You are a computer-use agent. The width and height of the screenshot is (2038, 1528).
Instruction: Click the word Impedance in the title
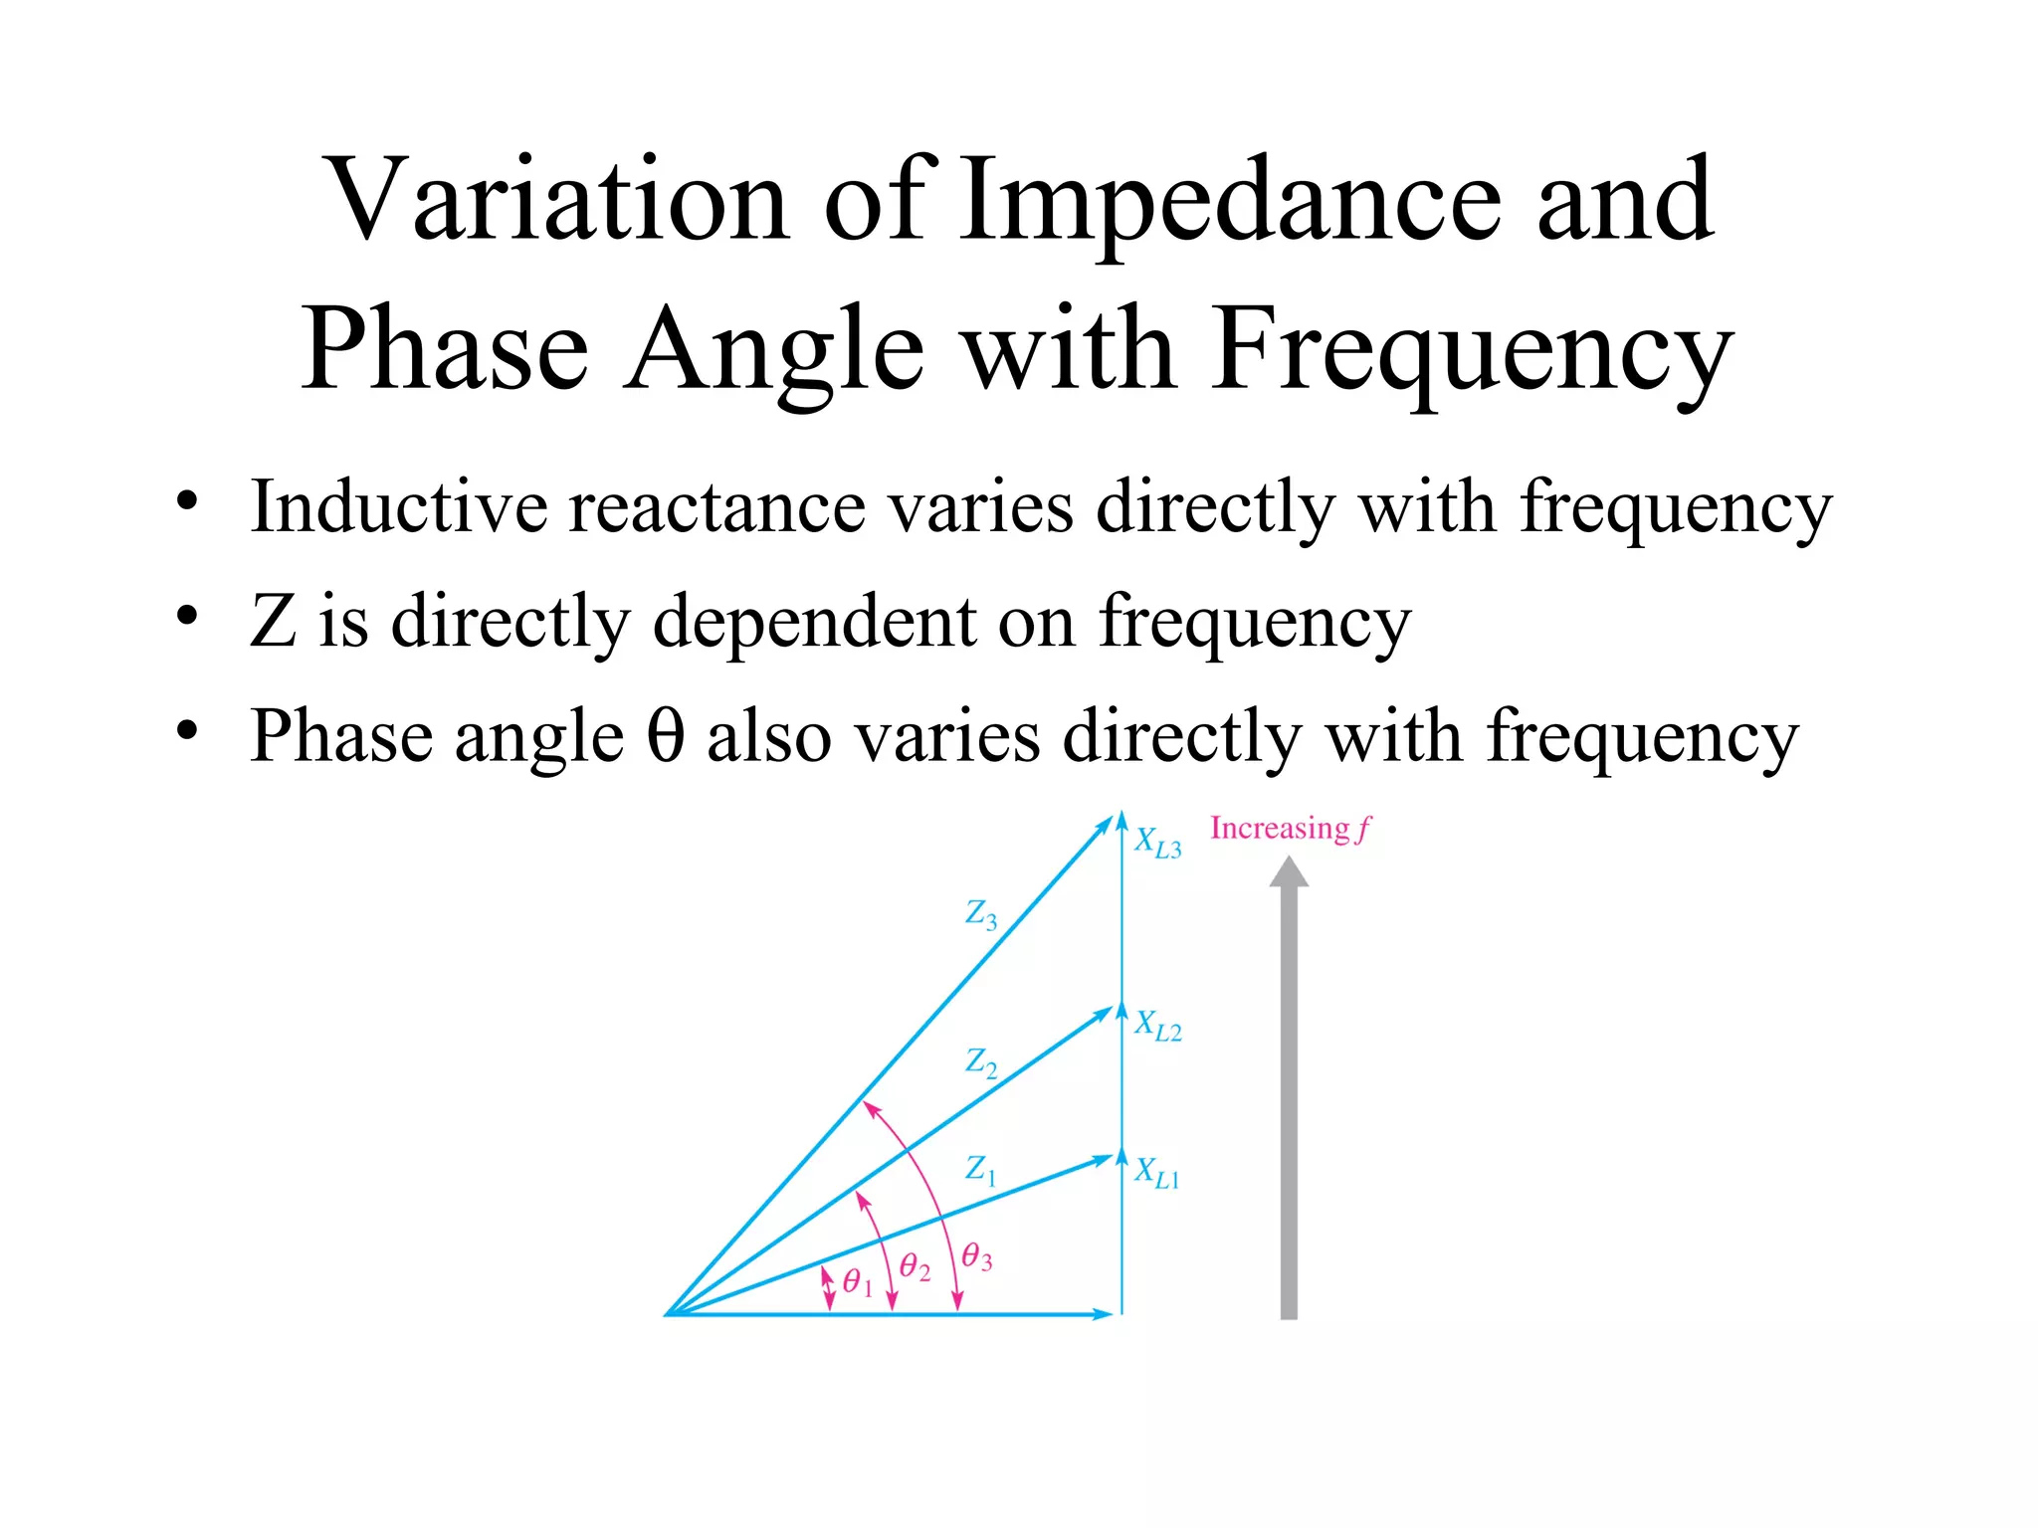(1230, 203)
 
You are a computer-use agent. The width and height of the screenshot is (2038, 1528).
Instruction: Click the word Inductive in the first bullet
(398, 506)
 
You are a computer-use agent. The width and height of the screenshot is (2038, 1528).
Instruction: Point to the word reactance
(717, 508)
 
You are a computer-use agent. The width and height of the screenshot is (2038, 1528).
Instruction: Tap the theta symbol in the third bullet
(666, 736)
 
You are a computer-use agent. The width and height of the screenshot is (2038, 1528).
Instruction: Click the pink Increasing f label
(1290, 829)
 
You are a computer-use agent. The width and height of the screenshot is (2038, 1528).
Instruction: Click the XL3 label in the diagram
(1157, 844)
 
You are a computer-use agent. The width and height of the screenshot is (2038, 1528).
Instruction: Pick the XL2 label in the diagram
(1157, 1026)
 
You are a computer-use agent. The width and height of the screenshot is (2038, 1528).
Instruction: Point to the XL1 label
(1156, 1173)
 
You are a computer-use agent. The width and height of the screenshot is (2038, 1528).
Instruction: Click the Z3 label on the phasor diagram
(981, 914)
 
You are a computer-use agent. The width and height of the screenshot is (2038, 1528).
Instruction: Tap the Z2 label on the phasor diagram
(981, 1062)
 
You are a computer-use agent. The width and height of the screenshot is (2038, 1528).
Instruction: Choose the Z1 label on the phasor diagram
(980, 1170)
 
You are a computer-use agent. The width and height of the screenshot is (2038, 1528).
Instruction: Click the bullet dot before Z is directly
(187, 617)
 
